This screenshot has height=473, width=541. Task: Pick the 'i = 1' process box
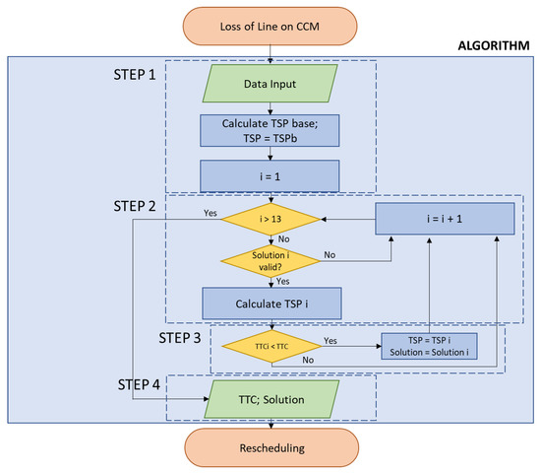pyautogui.click(x=271, y=176)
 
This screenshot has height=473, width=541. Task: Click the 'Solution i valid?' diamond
pyautogui.click(x=271, y=258)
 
